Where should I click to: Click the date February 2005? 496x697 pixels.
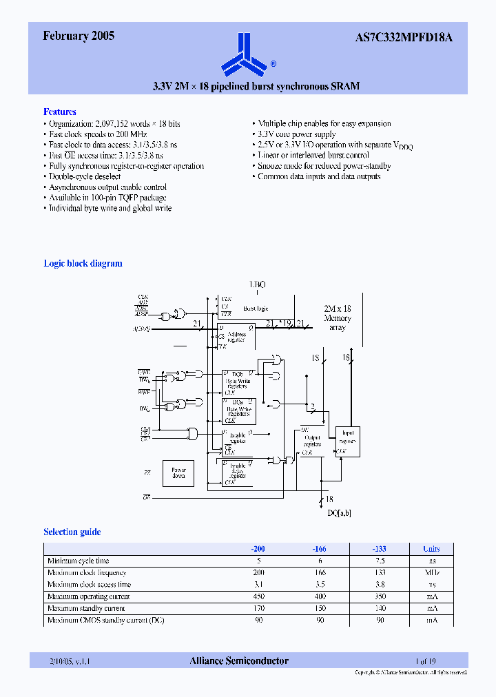click(x=79, y=37)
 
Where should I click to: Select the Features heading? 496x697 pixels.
click(x=60, y=112)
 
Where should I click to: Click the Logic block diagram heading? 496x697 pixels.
click(x=83, y=263)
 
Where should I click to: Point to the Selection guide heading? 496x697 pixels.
click(x=72, y=532)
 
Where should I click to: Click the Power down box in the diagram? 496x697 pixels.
click(x=178, y=474)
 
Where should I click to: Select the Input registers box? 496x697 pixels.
click(x=347, y=441)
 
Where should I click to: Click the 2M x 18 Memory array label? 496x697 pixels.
click(x=338, y=318)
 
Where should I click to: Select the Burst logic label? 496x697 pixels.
click(x=256, y=309)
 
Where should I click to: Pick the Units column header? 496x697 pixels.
click(x=431, y=549)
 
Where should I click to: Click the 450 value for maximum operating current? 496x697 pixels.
click(x=258, y=596)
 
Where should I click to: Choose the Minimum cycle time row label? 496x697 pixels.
click(x=78, y=561)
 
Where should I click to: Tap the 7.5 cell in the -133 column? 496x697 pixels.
click(x=379, y=561)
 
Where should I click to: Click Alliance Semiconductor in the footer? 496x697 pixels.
click(x=239, y=661)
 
